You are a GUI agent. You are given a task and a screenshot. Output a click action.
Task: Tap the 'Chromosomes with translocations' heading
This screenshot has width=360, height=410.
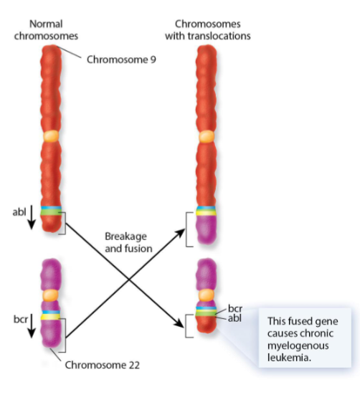(x=208, y=29)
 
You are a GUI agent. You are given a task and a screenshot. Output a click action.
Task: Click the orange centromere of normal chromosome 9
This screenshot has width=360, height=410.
(x=49, y=135)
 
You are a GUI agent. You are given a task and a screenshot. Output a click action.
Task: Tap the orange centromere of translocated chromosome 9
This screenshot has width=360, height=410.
(x=207, y=135)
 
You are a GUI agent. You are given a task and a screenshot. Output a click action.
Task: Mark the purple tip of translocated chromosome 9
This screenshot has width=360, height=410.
(x=207, y=230)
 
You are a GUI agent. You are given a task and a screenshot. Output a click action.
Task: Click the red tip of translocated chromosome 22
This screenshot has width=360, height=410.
(x=207, y=328)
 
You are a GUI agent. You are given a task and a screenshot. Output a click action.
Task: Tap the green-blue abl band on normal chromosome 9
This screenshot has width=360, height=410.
(x=50, y=211)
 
